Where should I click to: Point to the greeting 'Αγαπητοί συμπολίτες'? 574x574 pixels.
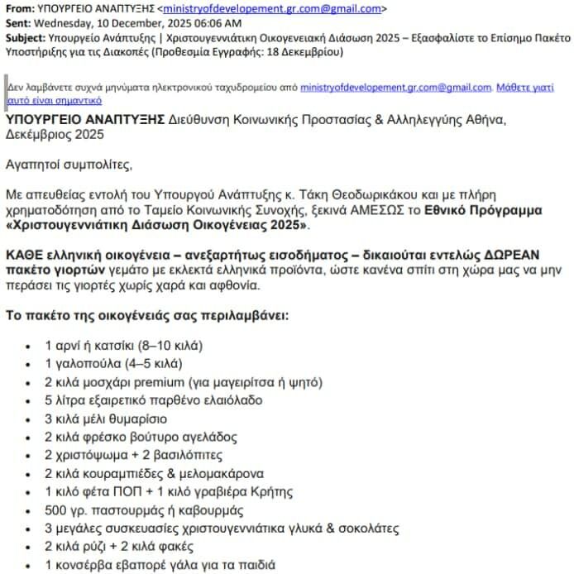pos(69,165)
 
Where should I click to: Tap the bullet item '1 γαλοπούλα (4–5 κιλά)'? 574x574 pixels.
pos(112,363)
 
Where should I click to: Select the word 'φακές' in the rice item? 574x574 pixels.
pos(175,547)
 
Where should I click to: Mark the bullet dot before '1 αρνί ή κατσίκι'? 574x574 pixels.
pos(31,346)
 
